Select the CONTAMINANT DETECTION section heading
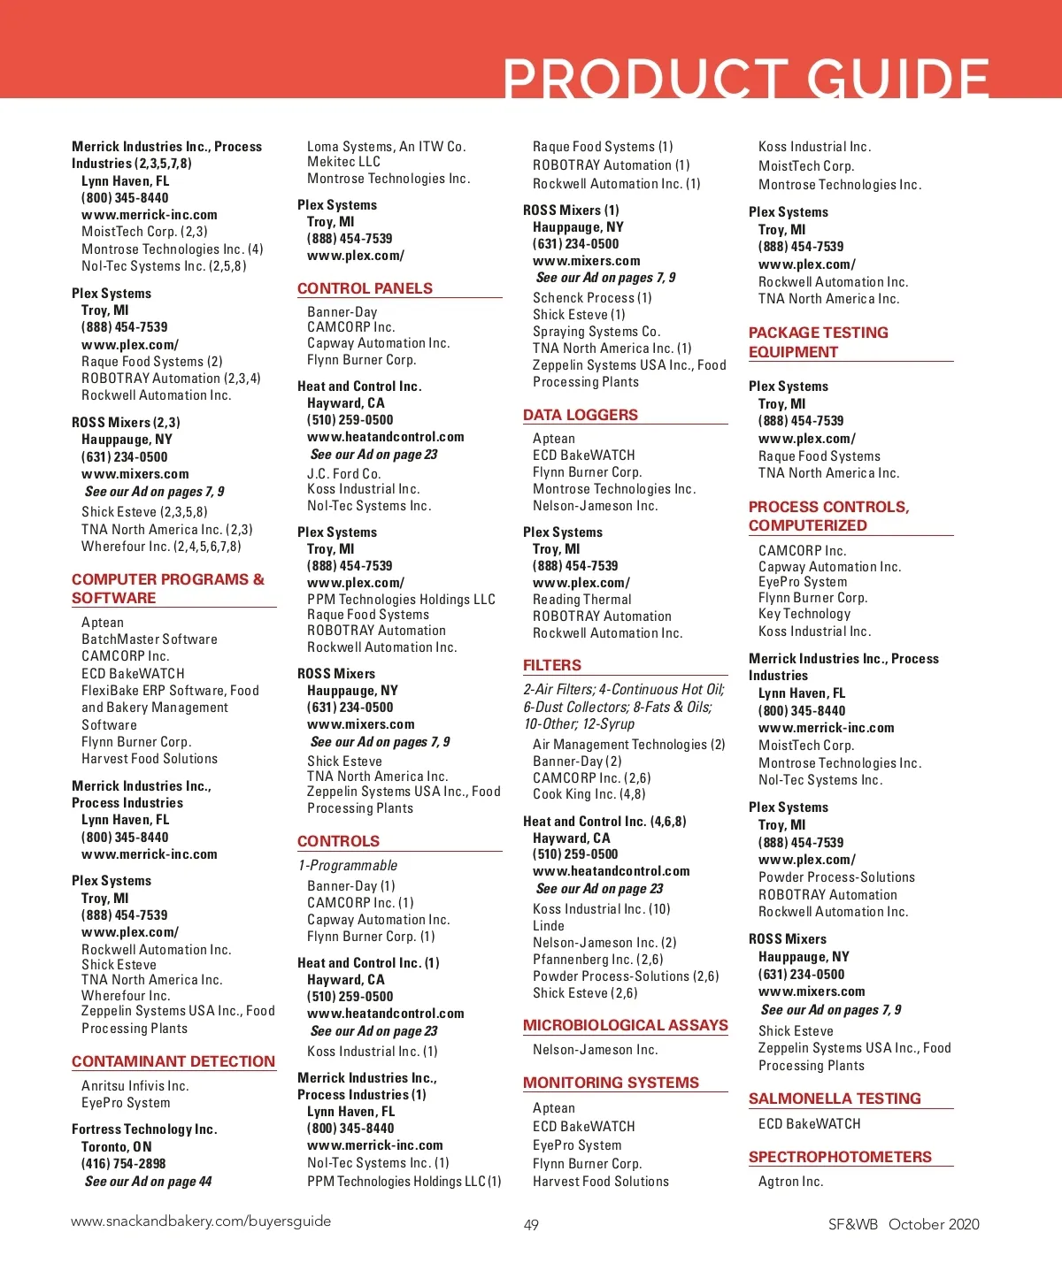(x=173, y=1061)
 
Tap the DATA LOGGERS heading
(x=581, y=415)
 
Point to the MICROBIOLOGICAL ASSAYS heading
(x=626, y=1025)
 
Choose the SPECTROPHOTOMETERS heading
(x=840, y=1157)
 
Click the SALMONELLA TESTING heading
(x=835, y=1098)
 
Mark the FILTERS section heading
(x=552, y=665)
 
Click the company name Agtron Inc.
(x=790, y=1182)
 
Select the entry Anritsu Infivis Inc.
(x=135, y=1086)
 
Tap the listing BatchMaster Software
(x=150, y=639)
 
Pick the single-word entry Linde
(x=549, y=926)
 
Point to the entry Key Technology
(x=804, y=614)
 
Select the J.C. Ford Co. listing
(x=344, y=474)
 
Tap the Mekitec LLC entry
(x=344, y=162)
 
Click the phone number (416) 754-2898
(x=124, y=1164)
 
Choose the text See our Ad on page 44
(x=149, y=1182)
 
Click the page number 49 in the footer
(x=531, y=1225)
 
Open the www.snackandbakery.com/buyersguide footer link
(x=201, y=1221)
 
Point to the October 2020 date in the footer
(x=934, y=1224)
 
